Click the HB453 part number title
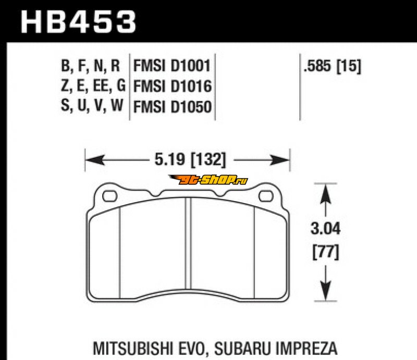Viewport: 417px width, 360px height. click(x=78, y=21)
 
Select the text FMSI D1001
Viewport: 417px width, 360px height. click(x=172, y=66)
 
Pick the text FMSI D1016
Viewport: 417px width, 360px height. click(x=173, y=86)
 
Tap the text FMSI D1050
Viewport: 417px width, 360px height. click(x=173, y=107)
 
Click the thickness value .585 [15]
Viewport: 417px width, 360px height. click(x=333, y=66)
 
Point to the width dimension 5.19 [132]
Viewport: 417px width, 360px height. click(x=190, y=159)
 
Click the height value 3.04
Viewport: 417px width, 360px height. click(x=325, y=229)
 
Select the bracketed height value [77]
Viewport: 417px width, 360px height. click(x=326, y=252)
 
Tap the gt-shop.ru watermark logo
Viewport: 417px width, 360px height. click(x=208, y=180)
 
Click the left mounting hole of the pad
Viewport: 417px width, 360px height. click(x=109, y=196)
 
